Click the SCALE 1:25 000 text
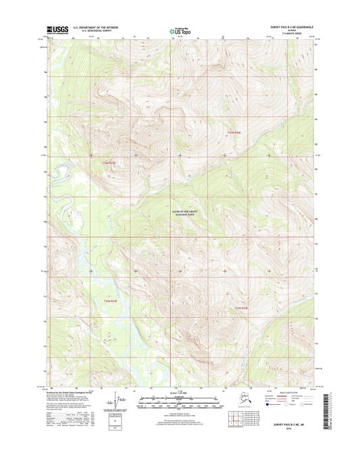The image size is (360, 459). (179, 394)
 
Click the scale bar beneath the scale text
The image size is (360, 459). (179, 402)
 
